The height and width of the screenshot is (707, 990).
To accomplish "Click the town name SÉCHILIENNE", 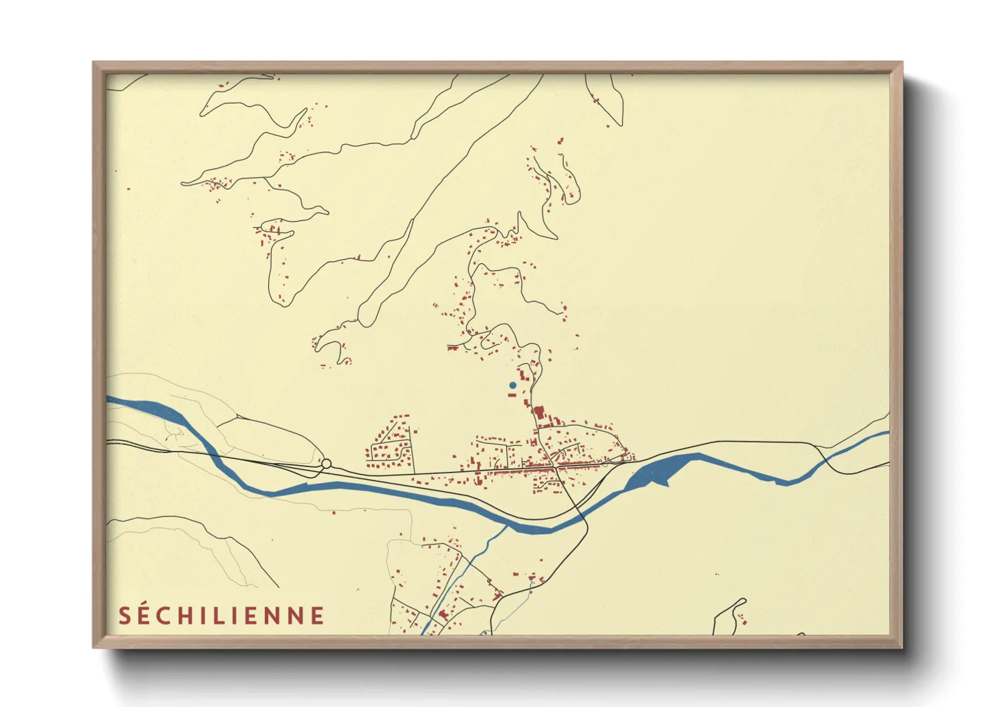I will click(x=221, y=615).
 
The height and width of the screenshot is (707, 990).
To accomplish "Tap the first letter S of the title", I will click(x=124, y=616).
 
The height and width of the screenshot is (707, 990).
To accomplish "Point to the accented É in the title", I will click(x=144, y=615).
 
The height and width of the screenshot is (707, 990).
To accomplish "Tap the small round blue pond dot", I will click(x=512, y=385).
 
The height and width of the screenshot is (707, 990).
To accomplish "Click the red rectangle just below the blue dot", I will click(x=512, y=394).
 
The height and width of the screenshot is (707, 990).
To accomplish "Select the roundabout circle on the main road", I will click(x=326, y=463).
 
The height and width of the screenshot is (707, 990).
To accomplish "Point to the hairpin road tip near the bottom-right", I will click(x=742, y=600).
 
